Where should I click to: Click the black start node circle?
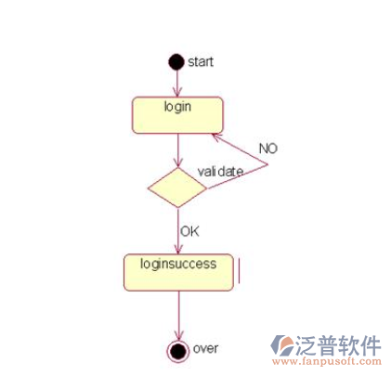[x=176, y=62]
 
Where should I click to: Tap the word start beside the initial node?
[x=201, y=62]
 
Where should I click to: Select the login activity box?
[x=177, y=115]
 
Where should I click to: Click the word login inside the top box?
[x=177, y=107]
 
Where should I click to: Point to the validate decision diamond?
[x=177, y=188]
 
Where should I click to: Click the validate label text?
[x=220, y=172]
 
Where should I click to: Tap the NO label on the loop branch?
[x=268, y=149]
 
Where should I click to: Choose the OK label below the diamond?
[x=189, y=231]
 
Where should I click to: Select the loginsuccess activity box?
[x=178, y=272]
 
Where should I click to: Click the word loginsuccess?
[x=178, y=264]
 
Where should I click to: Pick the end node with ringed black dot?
[x=177, y=351]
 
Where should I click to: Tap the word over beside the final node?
[x=205, y=348]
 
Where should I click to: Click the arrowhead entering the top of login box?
[x=177, y=93]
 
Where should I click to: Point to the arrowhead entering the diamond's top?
[x=177, y=163]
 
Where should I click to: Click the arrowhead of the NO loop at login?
[x=216, y=136]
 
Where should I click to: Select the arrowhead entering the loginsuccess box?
[x=178, y=249]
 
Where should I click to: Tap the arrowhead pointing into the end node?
[x=178, y=335]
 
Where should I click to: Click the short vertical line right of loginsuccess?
[x=239, y=271]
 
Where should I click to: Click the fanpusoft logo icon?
[x=281, y=345]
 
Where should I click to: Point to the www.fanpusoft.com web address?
[x=327, y=361]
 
